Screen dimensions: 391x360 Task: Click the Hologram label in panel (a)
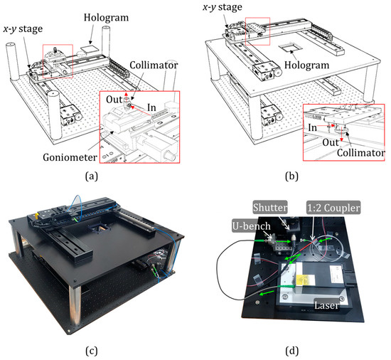point(106,18)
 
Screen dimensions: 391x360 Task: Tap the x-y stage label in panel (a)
point(23,29)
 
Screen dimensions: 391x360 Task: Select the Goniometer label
point(70,157)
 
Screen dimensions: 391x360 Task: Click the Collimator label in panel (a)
point(154,65)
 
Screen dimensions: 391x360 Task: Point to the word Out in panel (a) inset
point(114,100)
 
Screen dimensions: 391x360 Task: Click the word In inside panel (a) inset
point(151,107)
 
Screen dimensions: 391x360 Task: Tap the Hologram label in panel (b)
point(306,65)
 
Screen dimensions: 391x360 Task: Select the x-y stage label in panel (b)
point(223,7)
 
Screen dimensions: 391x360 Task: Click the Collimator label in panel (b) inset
point(361,153)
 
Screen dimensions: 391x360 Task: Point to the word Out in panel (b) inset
point(331,142)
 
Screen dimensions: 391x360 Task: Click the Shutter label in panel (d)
point(270,207)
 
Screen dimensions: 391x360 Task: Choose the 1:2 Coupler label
point(333,207)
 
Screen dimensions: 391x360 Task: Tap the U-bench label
point(252,226)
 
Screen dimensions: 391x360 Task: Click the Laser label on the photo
point(326,305)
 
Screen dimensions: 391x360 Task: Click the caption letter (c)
point(92,351)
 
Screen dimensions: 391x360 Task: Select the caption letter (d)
point(291,351)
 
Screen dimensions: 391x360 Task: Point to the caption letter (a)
point(92,176)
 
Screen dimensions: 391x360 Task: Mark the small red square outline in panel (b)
point(257,31)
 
